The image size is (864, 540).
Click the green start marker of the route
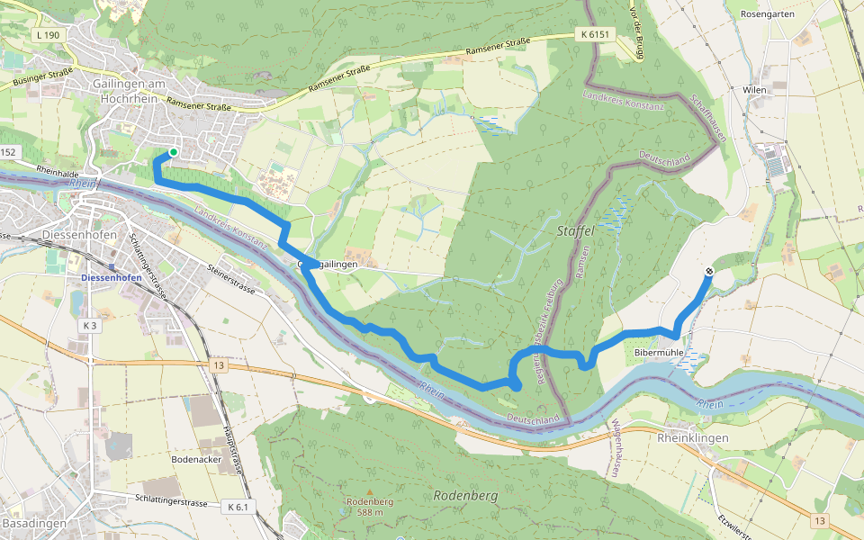click(x=173, y=152)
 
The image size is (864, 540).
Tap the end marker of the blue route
click(x=709, y=272)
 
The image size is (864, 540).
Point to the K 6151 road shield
click(x=596, y=34)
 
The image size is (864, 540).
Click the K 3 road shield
click(x=88, y=326)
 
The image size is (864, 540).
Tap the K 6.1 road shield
click(x=238, y=508)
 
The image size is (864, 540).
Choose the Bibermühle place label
click(x=655, y=353)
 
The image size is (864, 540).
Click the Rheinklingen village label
click(x=693, y=437)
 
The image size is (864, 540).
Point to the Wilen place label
click(x=754, y=91)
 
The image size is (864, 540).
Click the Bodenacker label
click(x=196, y=458)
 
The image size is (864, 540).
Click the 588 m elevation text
click(x=368, y=512)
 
